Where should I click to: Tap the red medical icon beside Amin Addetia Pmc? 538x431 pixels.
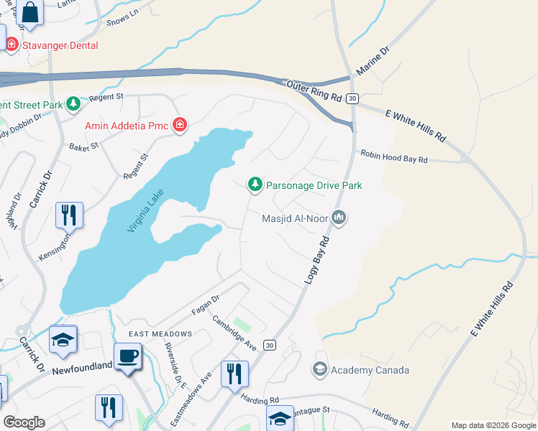(178, 126)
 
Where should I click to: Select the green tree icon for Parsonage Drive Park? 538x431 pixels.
(255, 185)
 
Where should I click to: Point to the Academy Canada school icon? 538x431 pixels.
(319, 370)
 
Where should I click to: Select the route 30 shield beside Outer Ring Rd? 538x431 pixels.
(352, 98)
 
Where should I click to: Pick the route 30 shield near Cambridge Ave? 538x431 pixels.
(269, 346)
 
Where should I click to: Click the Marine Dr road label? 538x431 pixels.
(373, 62)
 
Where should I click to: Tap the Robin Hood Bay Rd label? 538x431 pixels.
(394, 154)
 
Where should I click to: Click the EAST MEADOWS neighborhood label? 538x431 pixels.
(160, 334)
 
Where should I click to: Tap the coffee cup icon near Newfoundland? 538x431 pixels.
(128, 357)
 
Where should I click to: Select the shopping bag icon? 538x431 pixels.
(29, 11)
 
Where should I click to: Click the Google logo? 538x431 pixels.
(24, 422)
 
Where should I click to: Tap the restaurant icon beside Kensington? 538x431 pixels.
(69, 215)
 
